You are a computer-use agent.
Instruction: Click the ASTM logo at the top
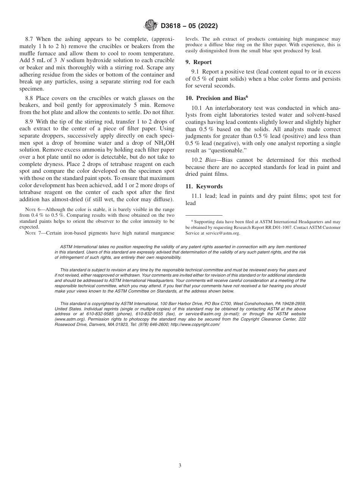pyautogui.click(x=152, y=26)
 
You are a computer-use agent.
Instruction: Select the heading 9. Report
pyautogui.click(x=199, y=62)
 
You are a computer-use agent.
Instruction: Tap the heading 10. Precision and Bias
pyautogui.click(x=216, y=98)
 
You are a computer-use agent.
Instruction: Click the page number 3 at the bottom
pyautogui.click(x=180, y=465)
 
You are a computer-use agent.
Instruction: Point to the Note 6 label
pyautogui.click(x=33, y=210)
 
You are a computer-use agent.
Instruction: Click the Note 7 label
pyautogui.click(x=33, y=232)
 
